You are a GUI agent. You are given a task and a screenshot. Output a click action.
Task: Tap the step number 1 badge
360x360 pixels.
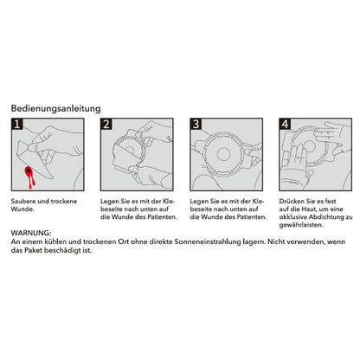[x=16, y=125]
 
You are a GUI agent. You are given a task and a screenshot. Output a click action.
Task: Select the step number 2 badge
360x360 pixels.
[x=106, y=125]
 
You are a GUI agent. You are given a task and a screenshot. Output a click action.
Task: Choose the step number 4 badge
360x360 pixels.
[x=285, y=125]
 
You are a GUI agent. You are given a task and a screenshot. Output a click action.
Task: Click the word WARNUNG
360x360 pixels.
[x=31, y=234]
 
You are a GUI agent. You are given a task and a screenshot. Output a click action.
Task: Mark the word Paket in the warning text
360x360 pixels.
[x=33, y=253]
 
